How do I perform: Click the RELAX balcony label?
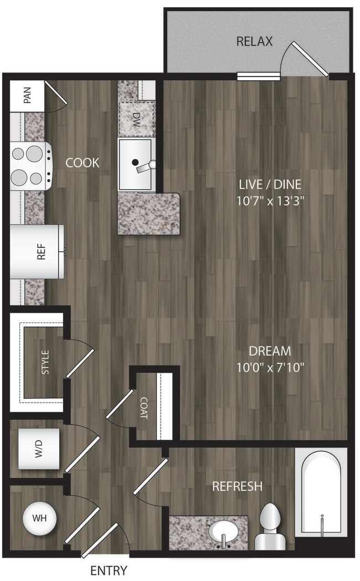click(x=254, y=41)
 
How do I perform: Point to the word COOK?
click(x=83, y=163)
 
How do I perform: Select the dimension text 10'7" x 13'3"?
click(x=270, y=200)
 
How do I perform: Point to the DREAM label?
click(x=270, y=351)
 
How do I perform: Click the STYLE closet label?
click(x=45, y=362)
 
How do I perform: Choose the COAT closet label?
click(x=143, y=407)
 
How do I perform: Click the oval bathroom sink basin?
click(x=224, y=531)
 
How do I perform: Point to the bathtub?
click(x=321, y=493)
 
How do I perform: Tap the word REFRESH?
click(x=237, y=486)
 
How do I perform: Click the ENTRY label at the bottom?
click(x=109, y=570)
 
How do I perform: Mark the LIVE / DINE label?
click(x=270, y=184)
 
